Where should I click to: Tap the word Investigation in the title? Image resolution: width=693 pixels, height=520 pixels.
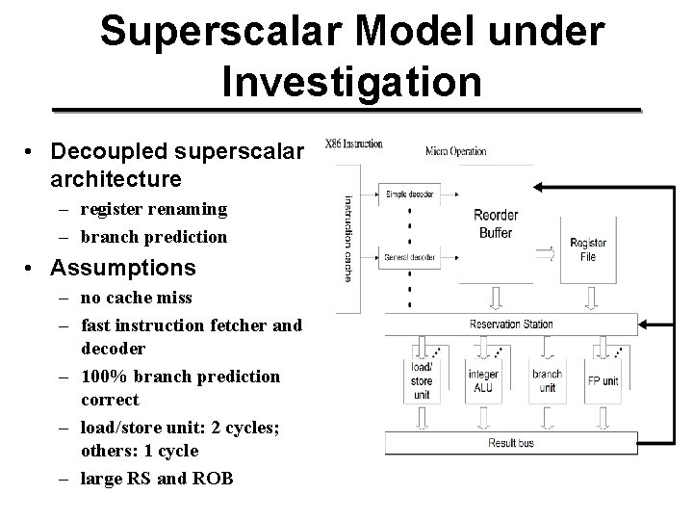[351, 81]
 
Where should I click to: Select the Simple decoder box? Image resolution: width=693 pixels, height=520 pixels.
[409, 194]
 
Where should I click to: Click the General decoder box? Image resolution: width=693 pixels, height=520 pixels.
[409, 257]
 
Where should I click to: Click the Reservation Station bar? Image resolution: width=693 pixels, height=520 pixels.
[511, 325]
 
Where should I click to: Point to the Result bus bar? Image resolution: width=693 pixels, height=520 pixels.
[511, 444]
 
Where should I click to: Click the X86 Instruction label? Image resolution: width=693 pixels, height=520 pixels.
[355, 144]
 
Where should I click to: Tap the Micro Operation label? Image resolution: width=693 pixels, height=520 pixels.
[455, 151]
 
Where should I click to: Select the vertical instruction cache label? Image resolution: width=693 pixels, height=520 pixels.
[348, 240]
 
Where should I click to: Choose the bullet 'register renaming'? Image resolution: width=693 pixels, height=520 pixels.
[154, 208]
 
